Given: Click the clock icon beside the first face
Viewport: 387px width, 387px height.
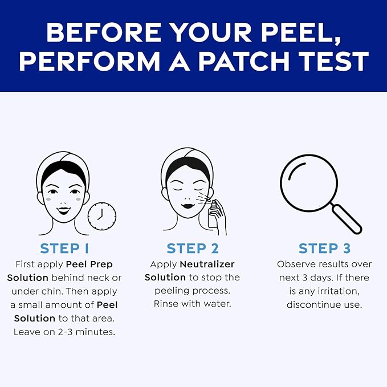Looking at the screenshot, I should (102, 216).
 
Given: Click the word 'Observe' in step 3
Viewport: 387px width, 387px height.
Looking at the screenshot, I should (297, 264).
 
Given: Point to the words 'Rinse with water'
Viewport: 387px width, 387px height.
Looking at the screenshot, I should (193, 304).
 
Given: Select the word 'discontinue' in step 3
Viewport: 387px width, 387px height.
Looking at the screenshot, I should (313, 304).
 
